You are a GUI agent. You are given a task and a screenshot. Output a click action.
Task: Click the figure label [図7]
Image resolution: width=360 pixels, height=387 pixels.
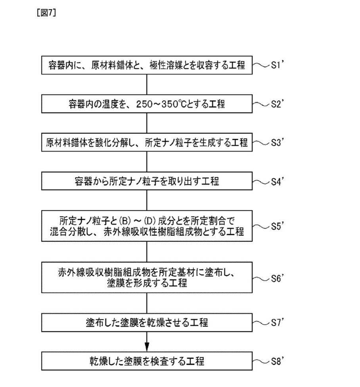coord(46,13)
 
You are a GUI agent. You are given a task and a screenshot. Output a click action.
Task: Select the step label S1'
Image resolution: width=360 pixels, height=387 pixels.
coord(278,65)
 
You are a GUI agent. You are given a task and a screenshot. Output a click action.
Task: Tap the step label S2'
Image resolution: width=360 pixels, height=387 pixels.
coord(278,104)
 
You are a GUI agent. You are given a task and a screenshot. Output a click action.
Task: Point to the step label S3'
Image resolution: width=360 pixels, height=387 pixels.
coord(278,142)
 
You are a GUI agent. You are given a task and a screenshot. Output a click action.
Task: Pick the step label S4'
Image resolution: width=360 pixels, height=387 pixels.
coord(278,181)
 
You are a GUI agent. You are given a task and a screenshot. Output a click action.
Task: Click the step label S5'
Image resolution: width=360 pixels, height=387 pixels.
coord(278,226)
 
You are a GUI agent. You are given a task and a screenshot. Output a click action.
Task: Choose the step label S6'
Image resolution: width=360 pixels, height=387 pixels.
coord(278,278)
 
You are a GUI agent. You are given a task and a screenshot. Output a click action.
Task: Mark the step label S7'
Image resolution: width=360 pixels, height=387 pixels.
coord(278,322)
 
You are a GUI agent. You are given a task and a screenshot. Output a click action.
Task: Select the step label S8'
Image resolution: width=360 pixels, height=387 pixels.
coord(278,361)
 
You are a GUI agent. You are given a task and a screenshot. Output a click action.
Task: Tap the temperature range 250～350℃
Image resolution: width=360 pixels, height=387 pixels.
coord(161,104)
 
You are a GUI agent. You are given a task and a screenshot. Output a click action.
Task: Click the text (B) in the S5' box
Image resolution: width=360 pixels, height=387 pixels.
coord(125,220)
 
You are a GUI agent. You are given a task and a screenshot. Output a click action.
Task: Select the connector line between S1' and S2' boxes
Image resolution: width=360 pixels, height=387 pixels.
coord(147,85)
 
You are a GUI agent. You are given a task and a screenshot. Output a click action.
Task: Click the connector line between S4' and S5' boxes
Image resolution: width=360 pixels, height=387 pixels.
coord(147,200)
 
